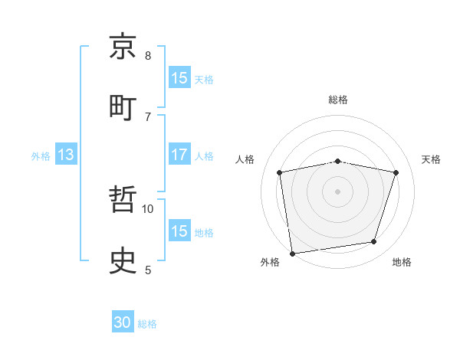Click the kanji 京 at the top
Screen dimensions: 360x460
click(123, 47)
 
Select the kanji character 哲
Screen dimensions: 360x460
click(123, 201)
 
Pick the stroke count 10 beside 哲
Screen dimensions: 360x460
click(148, 208)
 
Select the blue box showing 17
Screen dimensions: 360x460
click(179, 155)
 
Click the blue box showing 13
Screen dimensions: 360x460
click(66, 155)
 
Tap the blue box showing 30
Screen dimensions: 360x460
click(123, 323)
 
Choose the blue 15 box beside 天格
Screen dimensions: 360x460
click(179, 78)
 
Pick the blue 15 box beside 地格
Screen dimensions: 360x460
click(179, 231)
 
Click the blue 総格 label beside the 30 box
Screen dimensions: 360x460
click(147, 324)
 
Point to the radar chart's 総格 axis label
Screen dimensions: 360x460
click(338, 100)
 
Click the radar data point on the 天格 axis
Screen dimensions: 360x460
click(396, 172)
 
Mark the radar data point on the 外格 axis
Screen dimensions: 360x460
click(292, 253)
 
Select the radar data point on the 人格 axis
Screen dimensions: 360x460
click(280, 172)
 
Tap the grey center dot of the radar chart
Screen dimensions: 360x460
click(338, 191)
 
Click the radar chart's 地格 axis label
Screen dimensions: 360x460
click(402, 262)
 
